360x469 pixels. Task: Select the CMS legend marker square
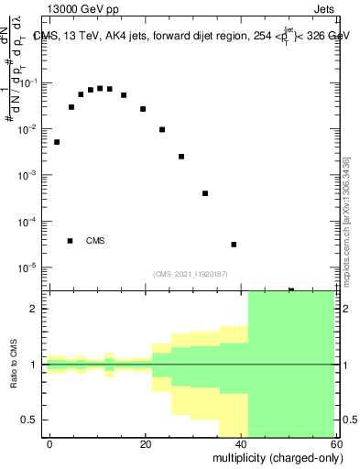point(70,241)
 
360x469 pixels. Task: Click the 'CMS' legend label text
point(95,241)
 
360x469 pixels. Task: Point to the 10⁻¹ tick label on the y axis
point(30,82)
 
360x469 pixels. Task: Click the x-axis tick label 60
point(338,443)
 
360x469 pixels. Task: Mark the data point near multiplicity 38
point(234,245)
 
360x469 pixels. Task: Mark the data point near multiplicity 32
point(205,193)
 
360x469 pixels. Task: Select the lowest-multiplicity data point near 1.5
point(57,142)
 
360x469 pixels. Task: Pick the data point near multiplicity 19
point(143,109)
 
